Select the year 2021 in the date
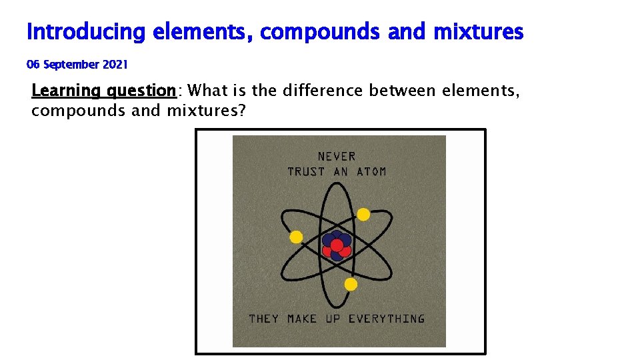115,65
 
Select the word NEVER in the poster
337,157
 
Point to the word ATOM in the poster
371,172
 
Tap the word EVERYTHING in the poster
387,319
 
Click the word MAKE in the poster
302,319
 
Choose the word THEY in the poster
264,319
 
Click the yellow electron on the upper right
363,215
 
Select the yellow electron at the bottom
351,285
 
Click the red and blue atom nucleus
337,245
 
